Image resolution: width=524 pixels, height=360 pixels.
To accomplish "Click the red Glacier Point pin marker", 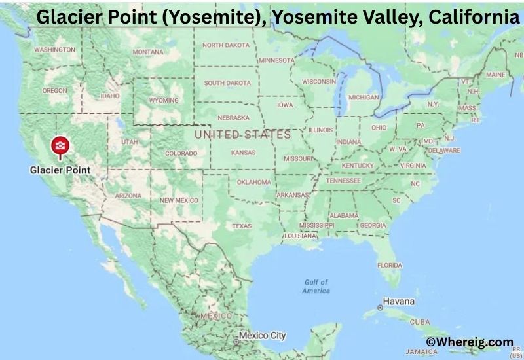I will (x=60, y=146).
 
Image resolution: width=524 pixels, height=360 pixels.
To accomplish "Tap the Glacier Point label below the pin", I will (x=60, y=170).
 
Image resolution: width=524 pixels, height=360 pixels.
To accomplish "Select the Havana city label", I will (x=398, y=302).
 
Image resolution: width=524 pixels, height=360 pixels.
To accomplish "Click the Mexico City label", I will (x=262, y=336).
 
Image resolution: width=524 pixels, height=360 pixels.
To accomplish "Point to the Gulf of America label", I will (x=317, y=286).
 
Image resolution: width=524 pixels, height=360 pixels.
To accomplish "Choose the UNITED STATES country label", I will (x=242, y=135).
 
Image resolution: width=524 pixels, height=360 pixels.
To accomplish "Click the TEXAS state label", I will (x=242, y=226).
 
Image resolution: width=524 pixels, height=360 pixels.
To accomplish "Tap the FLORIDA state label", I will (x=389, y=265).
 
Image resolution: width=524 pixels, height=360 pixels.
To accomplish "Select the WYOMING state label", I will (x=164, y=101).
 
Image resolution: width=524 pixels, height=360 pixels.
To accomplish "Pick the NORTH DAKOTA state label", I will (x=226, y=45).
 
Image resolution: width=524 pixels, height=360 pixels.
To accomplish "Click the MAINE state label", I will (x=495, y=75).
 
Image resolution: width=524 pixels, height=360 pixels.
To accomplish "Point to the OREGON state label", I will (x=54, y=91).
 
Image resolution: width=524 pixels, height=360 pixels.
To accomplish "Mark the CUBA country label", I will (x=420, y=322).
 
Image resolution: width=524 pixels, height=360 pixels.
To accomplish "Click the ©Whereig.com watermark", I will (x=470, y=342).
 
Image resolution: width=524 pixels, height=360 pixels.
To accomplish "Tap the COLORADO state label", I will (x=181, y=153).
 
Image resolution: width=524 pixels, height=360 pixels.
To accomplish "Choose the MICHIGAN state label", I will (x=364, y=98).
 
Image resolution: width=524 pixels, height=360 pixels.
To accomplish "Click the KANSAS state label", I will (x=243, y=153).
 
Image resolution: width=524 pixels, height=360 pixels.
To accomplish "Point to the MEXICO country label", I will (x=217, y=315).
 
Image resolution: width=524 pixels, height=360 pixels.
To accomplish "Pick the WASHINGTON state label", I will (x=54, y=50).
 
